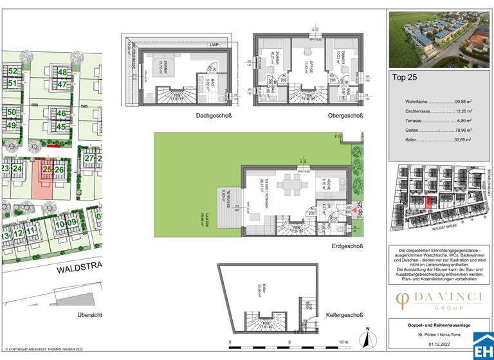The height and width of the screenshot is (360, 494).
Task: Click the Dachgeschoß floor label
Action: point(215,116)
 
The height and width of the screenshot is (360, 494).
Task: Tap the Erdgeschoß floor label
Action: point(346,246)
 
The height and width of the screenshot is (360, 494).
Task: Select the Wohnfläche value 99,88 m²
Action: point(459,102)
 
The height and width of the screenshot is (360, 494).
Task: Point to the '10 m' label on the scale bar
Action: point(343,342)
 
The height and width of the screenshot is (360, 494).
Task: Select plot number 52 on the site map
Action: point(12,71)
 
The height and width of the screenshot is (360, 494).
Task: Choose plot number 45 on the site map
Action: point(61,126)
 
